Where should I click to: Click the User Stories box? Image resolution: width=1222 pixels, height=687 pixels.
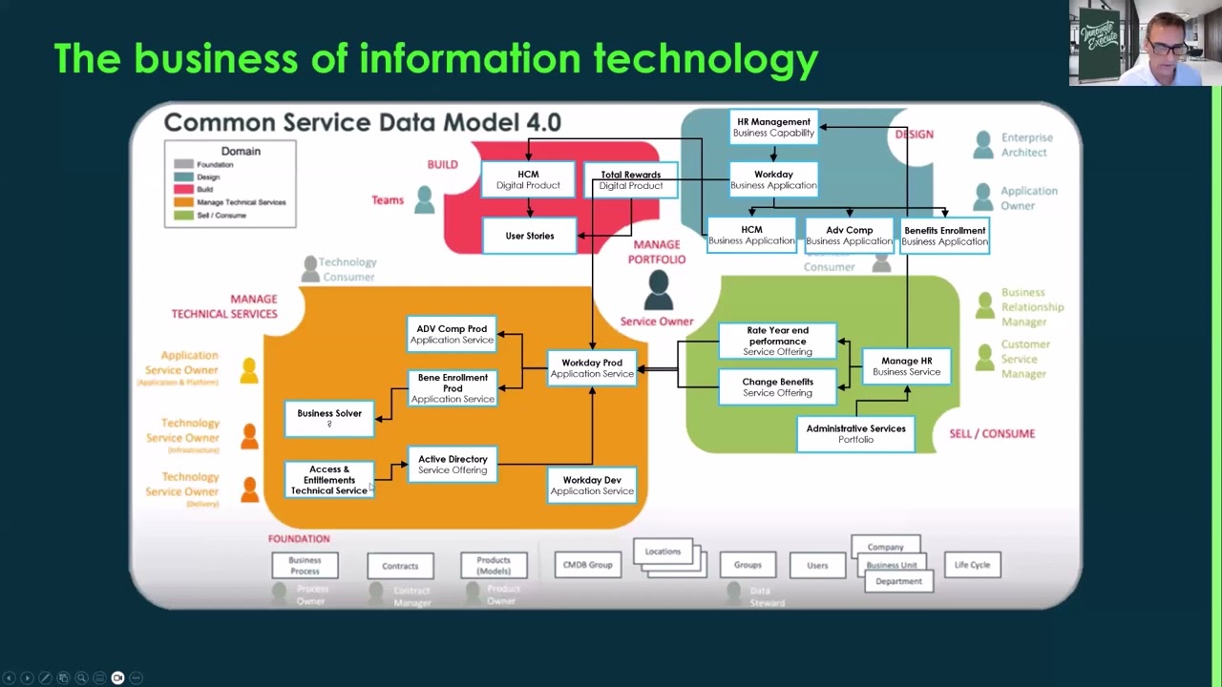[x=530, y=236]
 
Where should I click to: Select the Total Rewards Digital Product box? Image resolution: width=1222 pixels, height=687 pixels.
[x=630, y=180]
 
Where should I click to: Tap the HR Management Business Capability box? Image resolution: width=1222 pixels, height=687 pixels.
[x=773, y=127]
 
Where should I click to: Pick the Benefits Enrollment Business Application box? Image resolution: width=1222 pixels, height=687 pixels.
[x=944, y=236]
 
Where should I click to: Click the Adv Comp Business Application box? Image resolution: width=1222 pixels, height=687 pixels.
[x=849, y=236]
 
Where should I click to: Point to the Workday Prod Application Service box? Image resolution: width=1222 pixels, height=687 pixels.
[x=592, y=368]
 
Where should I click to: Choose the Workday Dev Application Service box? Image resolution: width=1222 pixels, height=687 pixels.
[x=592, y=486]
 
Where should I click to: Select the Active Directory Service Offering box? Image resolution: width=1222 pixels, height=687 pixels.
[x=453, y=465]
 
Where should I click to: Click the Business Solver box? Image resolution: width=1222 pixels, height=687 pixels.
[x=329, y=417]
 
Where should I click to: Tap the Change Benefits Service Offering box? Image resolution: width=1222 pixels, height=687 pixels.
[x=777, y=387]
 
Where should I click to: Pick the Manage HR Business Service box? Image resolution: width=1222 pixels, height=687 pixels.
[x=906, y=366]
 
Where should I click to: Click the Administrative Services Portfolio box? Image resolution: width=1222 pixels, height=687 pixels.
[x=855, y=434]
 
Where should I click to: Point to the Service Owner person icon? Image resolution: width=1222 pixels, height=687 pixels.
[x=658, y=289]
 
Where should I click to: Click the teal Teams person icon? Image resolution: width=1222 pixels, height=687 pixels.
[x=425, y=199]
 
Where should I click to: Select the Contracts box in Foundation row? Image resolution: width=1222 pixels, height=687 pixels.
[x=400, y=566]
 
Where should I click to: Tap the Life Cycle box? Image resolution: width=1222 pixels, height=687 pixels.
[x=972, y=565]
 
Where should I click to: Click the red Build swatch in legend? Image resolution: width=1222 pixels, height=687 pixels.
[x=183, y=189]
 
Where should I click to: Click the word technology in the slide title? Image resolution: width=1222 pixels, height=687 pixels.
[x=706, y=59]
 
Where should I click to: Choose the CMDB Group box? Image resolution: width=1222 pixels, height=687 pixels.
[x=587, y=565]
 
